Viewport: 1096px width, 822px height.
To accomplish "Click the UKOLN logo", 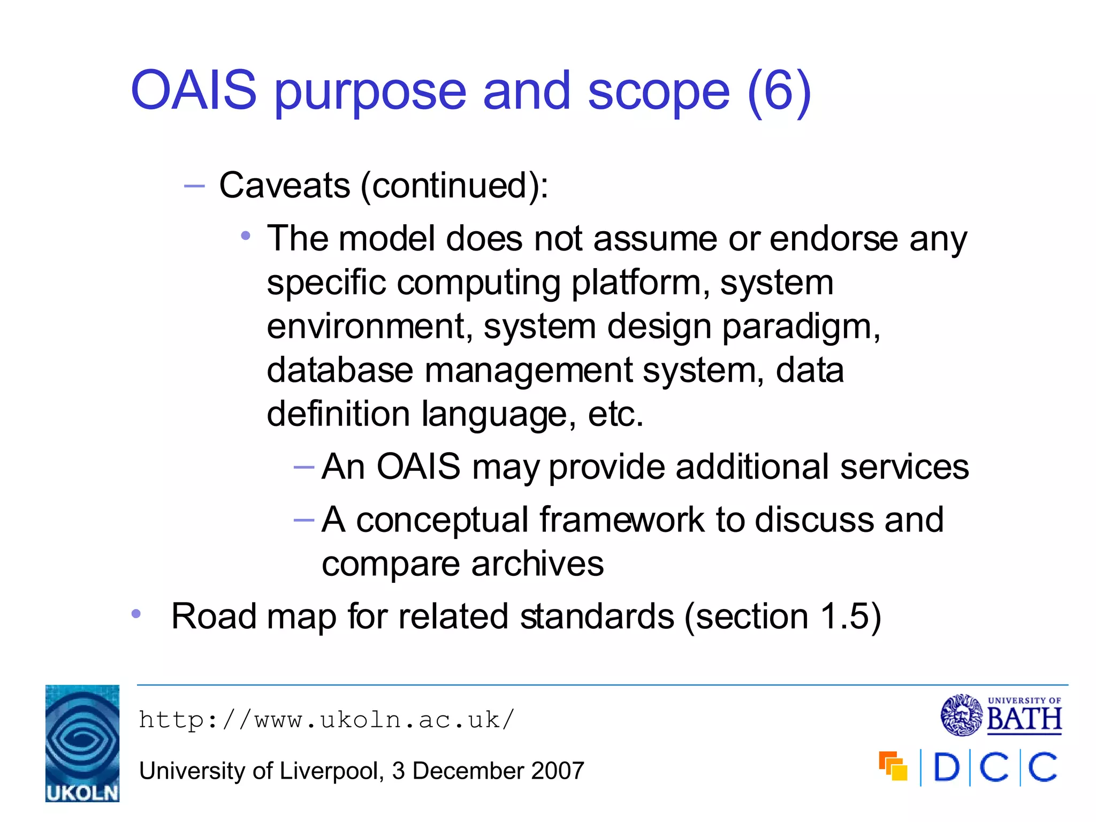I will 82,743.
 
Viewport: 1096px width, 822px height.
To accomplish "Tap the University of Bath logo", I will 1001,715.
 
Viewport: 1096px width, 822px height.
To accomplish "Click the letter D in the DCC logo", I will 946,768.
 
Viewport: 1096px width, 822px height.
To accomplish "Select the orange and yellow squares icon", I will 893,766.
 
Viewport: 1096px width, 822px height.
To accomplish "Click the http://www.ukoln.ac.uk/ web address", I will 326,720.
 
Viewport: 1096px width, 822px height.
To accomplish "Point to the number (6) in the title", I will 779,92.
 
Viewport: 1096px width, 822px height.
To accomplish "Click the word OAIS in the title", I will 194,91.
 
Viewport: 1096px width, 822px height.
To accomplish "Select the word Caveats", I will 285,186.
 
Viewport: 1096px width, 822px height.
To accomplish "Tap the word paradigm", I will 801,326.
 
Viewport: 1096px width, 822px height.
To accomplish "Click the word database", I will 340,370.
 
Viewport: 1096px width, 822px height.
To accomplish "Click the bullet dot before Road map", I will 136,614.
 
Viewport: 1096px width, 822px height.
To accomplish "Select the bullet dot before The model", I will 246,235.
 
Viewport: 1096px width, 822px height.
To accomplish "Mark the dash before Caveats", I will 194,186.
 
